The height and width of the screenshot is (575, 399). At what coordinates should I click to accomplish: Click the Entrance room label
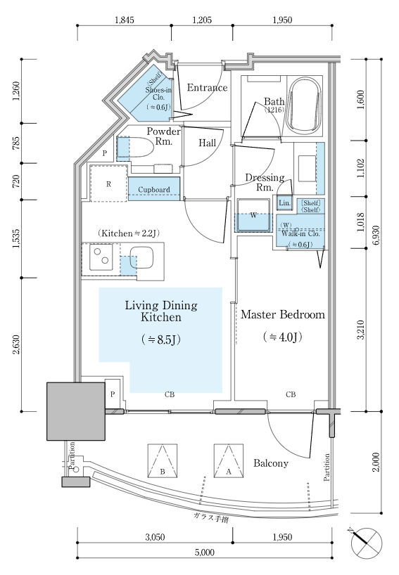point(207,88)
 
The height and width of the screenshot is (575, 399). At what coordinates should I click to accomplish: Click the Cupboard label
point(154,190)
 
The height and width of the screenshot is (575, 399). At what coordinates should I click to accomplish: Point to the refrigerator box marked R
point(108,183)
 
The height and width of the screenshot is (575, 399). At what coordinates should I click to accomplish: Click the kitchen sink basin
point(141,257)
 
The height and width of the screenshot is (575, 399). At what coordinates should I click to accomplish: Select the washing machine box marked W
point(253,215)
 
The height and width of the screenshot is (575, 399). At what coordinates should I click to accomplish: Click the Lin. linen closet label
point(284,202)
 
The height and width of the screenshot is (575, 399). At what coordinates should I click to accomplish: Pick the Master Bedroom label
point(283,315)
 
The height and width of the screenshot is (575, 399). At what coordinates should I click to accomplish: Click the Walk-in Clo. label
point(300,233)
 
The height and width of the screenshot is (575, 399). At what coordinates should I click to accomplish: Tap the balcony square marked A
point(228,461)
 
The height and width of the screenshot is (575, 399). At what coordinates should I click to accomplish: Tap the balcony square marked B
point(163,461)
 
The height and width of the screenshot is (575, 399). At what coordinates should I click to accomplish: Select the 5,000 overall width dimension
point(205,553)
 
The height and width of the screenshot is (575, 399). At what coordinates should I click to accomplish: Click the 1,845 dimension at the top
point(125,20)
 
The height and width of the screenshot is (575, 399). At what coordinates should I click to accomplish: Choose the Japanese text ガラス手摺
point(211,518)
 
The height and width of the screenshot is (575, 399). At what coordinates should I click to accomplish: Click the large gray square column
point(76,411)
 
